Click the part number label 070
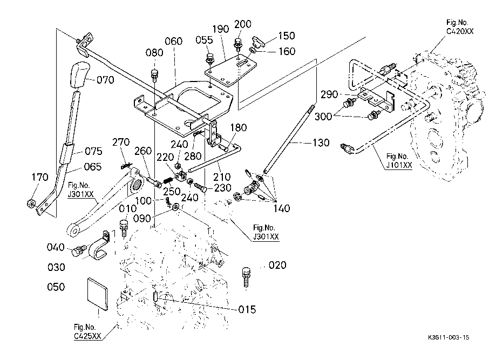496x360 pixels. point(106,80)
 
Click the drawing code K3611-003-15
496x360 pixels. point(449,337)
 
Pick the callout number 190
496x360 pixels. point(220,29)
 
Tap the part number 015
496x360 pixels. point(247,309)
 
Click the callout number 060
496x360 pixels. point(174,41)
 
